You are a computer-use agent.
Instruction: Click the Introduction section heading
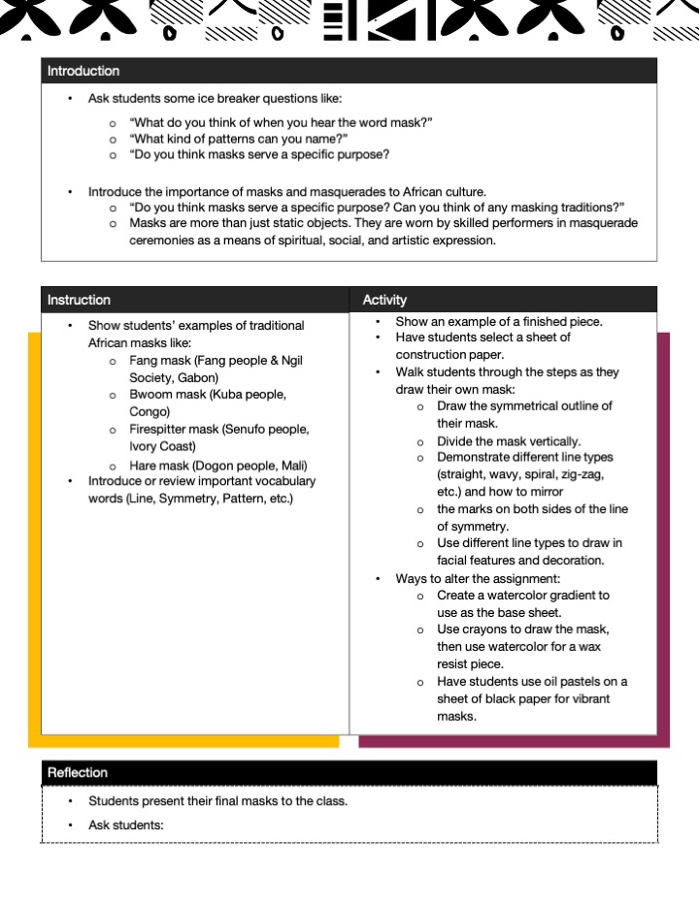coord(83,71)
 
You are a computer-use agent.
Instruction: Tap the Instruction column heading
coord(79,300)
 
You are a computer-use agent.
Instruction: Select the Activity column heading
coord(385,300)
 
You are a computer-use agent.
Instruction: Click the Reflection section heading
coord(78,772)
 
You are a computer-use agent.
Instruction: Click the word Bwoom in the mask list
coord(150,395)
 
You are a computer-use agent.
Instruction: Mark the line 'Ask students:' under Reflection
coord(126,825)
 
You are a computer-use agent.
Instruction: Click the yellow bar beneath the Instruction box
coord(184,741)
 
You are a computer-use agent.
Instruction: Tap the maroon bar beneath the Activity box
coord(515,741)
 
